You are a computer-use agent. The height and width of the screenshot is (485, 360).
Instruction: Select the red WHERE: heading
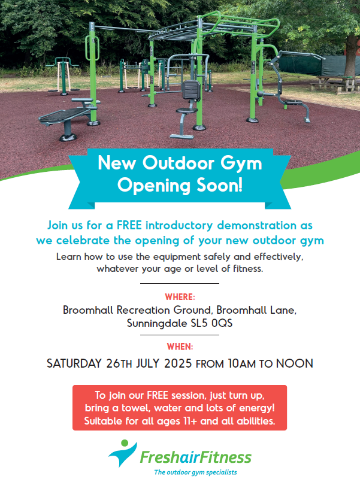[180, 297]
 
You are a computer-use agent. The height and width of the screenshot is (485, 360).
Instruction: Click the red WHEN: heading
[180, 347]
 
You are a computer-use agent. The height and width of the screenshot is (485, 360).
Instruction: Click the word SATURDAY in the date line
[74, 363]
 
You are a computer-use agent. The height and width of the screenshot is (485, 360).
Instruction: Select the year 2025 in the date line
[178, 363]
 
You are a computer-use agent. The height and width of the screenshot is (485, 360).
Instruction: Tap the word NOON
[294, 363]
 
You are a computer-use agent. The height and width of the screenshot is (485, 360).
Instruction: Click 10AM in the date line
[242, 363]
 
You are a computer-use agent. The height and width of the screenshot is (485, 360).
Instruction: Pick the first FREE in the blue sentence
[129, 225]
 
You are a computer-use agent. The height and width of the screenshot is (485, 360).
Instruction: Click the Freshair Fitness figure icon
[123, 453]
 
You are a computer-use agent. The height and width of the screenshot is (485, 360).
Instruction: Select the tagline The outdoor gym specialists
[195, 472]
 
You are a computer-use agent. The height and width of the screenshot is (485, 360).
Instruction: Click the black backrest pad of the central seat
[191, 90]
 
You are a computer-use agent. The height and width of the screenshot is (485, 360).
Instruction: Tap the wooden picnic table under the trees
[334, 83]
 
